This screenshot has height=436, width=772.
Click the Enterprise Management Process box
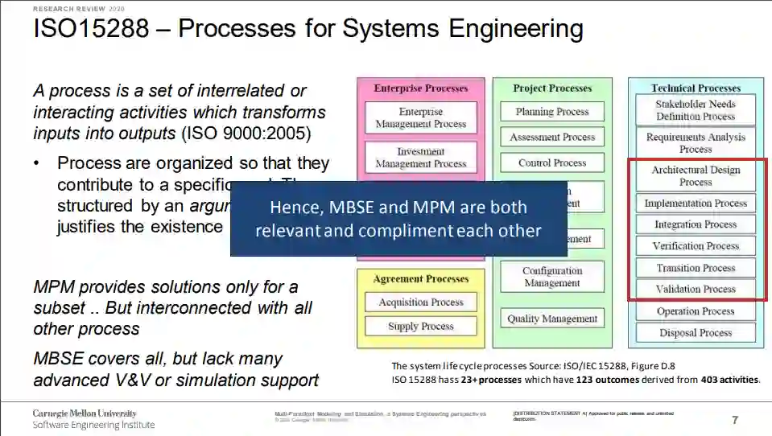(x=421, y=117)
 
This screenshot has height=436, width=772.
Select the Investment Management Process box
(x=421, y=158)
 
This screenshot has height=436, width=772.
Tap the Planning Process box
(x=552, y=112)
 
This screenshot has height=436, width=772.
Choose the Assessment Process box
(x=552, y=138)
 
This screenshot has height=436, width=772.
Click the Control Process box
(x=552, y=162)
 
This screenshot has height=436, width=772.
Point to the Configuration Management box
(x=552, y=278)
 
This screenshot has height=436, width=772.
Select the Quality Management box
(x=552, y=319)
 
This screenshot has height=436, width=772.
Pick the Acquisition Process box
(x=421, y=302)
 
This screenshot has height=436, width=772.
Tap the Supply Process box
(x=421, y=327)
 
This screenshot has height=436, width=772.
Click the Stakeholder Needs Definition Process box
(x=696, y=110)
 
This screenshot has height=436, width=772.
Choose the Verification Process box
(x=696, y=246)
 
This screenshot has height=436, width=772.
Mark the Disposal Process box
(x=696, y=333)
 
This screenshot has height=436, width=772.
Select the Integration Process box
(x=696, y=225)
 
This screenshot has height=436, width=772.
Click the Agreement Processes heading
(x=421, y=279)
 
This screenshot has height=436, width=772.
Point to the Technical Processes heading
(x=696, y=88)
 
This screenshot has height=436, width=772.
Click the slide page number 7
(x=734, y=419)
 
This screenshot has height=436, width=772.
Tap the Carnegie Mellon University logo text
(x=85, y=413)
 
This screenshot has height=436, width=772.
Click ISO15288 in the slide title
(x=91, y=29)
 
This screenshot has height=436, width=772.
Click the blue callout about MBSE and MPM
(x=398, y=219)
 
